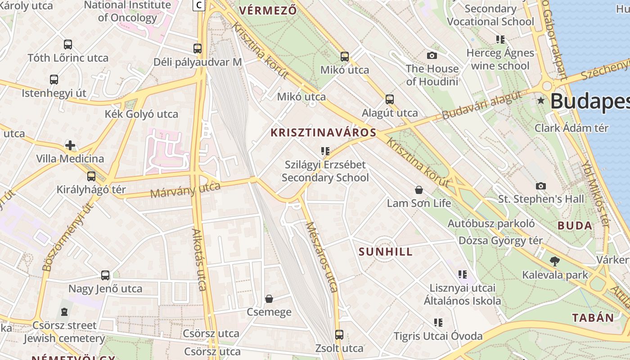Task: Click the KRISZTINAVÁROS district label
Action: pos(323,133)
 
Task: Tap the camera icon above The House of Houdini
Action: pos(432,55)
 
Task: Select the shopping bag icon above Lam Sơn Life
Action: pos(419,190)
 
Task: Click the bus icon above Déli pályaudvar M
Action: pos(198,48)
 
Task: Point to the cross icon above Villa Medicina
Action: pos(70,145)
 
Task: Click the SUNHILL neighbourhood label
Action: pos(386,252)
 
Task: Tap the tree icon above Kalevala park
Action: pos(554,261)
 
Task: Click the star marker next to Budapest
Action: pos(541,101)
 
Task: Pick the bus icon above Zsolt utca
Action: pos(339,335)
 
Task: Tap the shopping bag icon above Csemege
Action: pos(269,299)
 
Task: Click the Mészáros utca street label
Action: pos(321,256)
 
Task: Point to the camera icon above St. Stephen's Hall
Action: pos(541,186)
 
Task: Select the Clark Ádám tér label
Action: pos(571,128)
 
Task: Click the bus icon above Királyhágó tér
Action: pos(91,176)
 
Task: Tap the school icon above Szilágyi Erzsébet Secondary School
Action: pos(325,151)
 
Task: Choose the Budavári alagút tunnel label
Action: pos(481,105)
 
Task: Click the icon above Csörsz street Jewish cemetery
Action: pos(64,311)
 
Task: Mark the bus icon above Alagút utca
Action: pos(390,99)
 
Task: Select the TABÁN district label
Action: pos(593,318)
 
